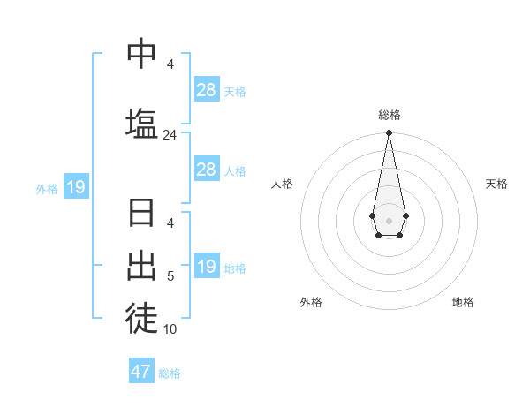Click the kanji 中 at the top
[x=141, y=54]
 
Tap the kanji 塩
[x=141, y=122]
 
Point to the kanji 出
[x=141, y=264]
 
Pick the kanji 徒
[x=141, y=316]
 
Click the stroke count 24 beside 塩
[x=170, y=135]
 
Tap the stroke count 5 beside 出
[x=170, y=277]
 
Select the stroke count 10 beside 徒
[x=170, y=329]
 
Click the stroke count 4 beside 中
[x=170, y=64]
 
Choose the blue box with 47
[x=141, y=372]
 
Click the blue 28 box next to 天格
[x=207, y=90]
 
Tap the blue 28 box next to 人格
[x=207, y=170]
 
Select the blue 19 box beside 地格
[x=207, y=267]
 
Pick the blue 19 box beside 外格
[x=75, y=187]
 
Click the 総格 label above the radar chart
[x=389, y=115]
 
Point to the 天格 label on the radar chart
[x=496, y=184]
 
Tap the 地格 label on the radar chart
[x=463, y=302]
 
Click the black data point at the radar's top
[x=389, y=133]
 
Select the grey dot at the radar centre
[x=389, y=220]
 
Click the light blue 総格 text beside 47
[x=170, y=373]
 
